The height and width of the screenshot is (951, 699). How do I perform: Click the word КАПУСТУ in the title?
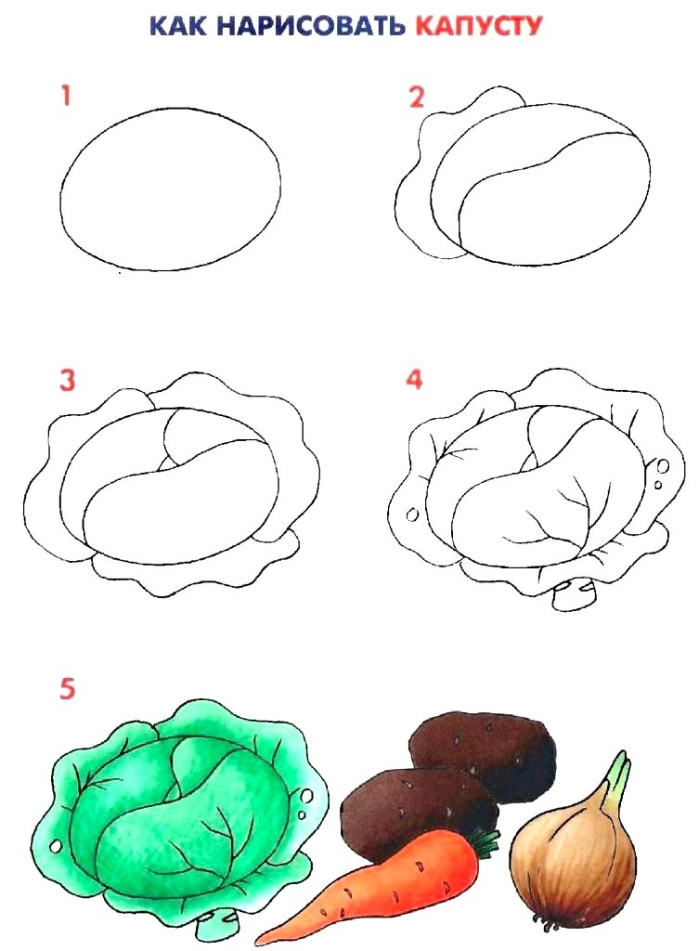click(478, 25)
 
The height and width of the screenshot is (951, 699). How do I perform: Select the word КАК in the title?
click(178, 25)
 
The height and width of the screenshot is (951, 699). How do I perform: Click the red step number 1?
click(66, 97)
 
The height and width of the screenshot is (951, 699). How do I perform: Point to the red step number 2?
click(416, 97)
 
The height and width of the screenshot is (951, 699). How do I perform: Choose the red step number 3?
click(67, 380)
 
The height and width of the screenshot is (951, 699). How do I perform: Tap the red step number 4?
click(414, 379)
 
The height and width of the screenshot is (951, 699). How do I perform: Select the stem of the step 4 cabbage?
click(574, 595)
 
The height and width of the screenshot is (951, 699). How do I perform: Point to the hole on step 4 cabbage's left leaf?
click(412, 515)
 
